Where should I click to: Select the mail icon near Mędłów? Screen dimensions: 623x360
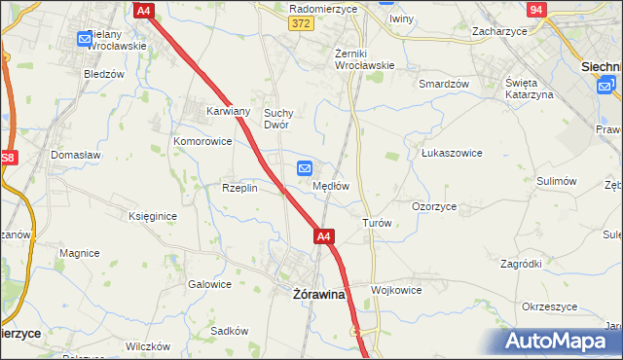pyautogui.click(x=305, y=168)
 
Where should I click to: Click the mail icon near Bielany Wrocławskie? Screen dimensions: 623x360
pyautogui.click(x=85, y=40)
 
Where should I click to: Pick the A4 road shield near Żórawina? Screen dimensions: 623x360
pyautogui.click(x=325, y=236)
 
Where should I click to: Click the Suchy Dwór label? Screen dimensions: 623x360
pyautogui.click(x=278, y=119)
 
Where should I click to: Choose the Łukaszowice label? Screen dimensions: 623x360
pyautogui.click(x=452, y=153)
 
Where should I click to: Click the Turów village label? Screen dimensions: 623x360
pyautogui.click(x=377, y=223)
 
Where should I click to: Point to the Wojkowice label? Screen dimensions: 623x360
pyautogui.click(x=398, y=290)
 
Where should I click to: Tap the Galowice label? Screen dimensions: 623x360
pyautogui.click(x=209, y=285)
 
